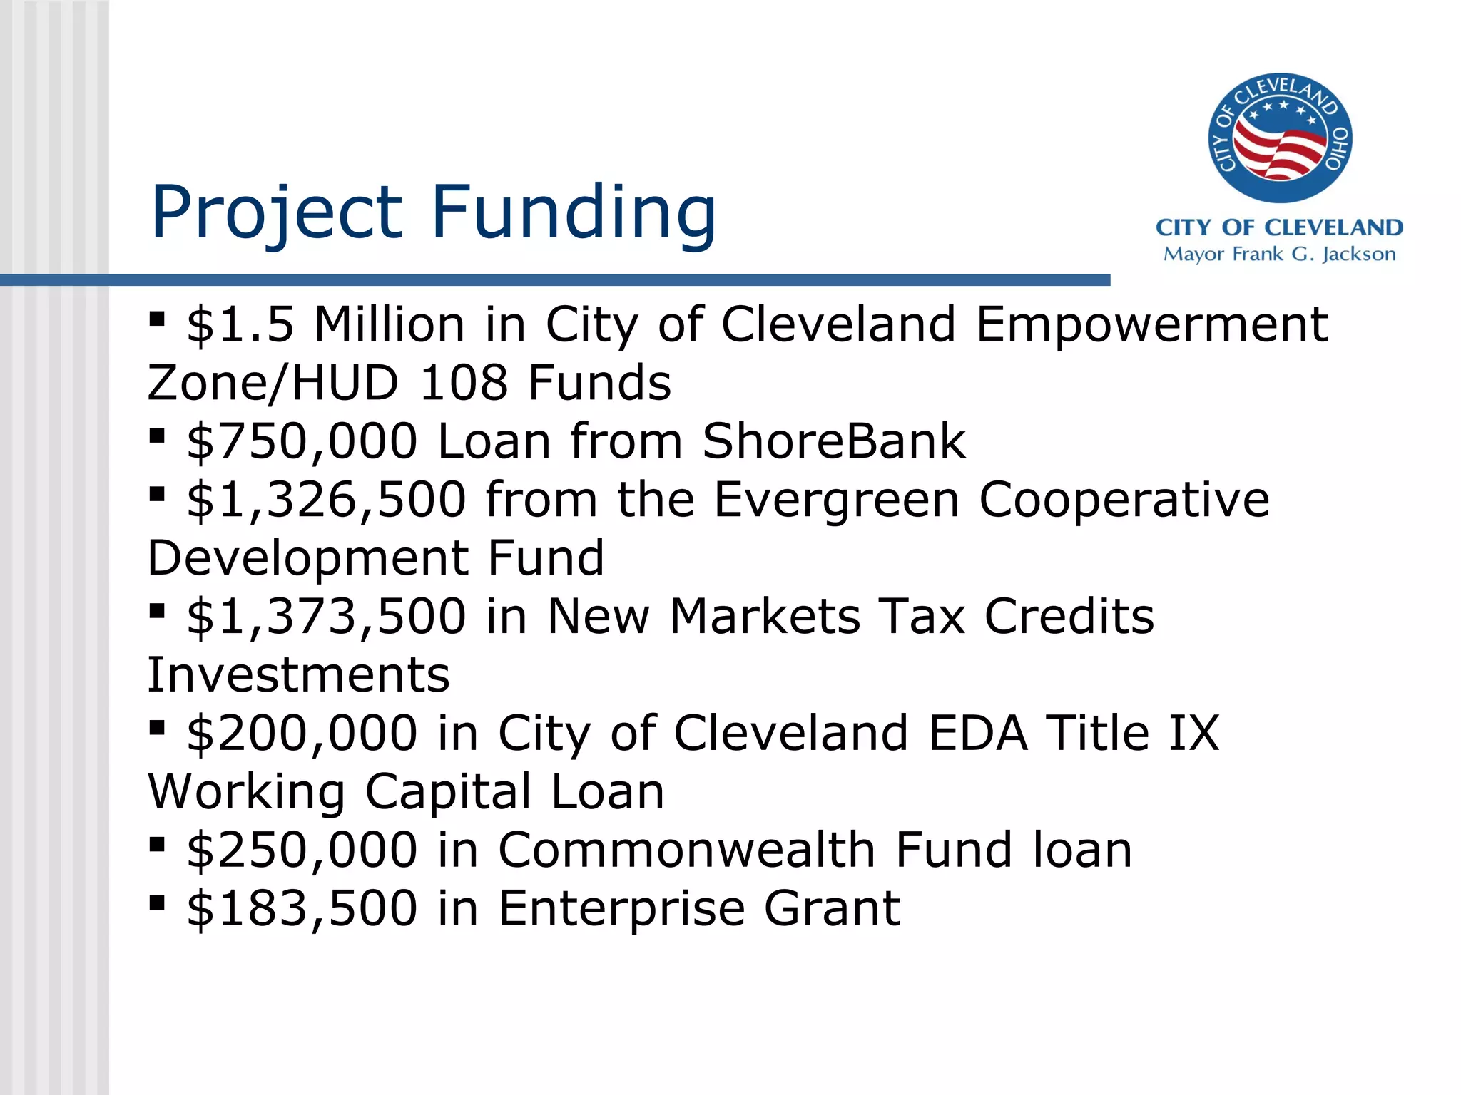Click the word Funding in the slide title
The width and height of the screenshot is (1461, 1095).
click(x=574, y=212)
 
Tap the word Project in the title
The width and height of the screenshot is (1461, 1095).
click(x=277, y=212)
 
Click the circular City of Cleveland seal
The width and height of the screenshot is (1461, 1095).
click(x=1279, y=138)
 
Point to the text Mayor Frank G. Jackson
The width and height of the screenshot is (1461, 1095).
click(x=1279, y=255)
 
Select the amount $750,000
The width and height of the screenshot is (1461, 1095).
click(x=302, y=441)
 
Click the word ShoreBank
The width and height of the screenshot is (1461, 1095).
click(x=834, y=441)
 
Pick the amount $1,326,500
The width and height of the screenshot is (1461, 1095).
click(x=326, y=500)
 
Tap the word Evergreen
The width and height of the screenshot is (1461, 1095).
click(x=836, y=500)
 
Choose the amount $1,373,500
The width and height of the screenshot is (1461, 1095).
click(x=326, y=617)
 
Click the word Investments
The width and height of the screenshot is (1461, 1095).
click(x=299, y=674)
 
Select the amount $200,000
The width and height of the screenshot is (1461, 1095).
click(x=302, y=734)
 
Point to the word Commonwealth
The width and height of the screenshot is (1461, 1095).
click(x=686, y=850)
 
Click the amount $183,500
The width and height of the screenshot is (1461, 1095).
click(x=302, y=909)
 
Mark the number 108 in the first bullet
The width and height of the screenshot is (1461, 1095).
click(x=464, y=383)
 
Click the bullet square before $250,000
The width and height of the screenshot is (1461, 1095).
click(x=157, y=845)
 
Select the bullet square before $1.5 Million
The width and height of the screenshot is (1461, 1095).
click(x=157, y=318)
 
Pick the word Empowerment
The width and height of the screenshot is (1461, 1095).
click(x=1151, y=325)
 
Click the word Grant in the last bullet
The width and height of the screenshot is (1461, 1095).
click(x=832, y=909)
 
